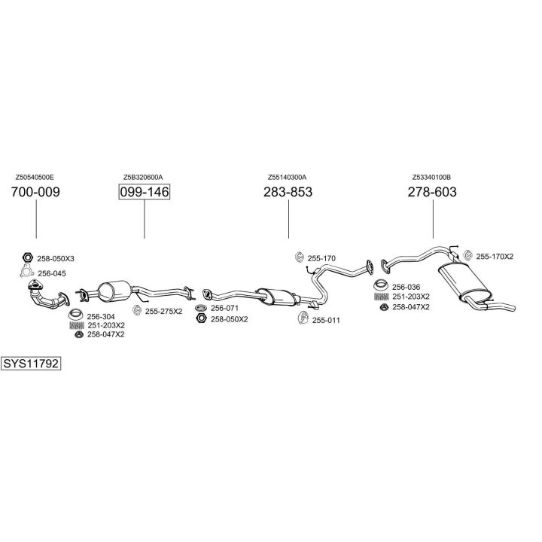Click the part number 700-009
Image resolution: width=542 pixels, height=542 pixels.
(35, 192)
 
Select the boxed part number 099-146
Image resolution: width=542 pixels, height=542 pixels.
(144, 192)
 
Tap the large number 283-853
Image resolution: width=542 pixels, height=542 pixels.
(288, 192)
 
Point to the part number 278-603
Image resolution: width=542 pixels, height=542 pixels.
(432, 192)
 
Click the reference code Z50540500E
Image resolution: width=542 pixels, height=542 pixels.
(35, 177)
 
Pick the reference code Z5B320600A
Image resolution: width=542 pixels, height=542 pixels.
(143, 177)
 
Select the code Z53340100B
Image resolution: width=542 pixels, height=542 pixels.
(431, 177)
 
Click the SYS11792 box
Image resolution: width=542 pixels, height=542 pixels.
(31, 364)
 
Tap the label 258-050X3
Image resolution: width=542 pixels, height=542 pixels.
(56, 258)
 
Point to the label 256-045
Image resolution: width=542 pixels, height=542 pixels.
(52, 273)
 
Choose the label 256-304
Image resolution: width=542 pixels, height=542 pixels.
(100, 316)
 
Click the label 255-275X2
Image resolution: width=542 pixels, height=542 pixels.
(163, 310)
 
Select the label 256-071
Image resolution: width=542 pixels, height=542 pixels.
(224, 309)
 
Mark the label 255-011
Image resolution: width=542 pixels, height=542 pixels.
(326, 320)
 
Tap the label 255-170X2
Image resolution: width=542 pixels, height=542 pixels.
(495, 257)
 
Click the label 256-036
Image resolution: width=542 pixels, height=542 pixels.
(407, 287)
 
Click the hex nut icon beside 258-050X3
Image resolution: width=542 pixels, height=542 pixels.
(27, 257)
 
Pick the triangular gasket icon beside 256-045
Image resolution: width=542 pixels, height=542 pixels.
(26, 272)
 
